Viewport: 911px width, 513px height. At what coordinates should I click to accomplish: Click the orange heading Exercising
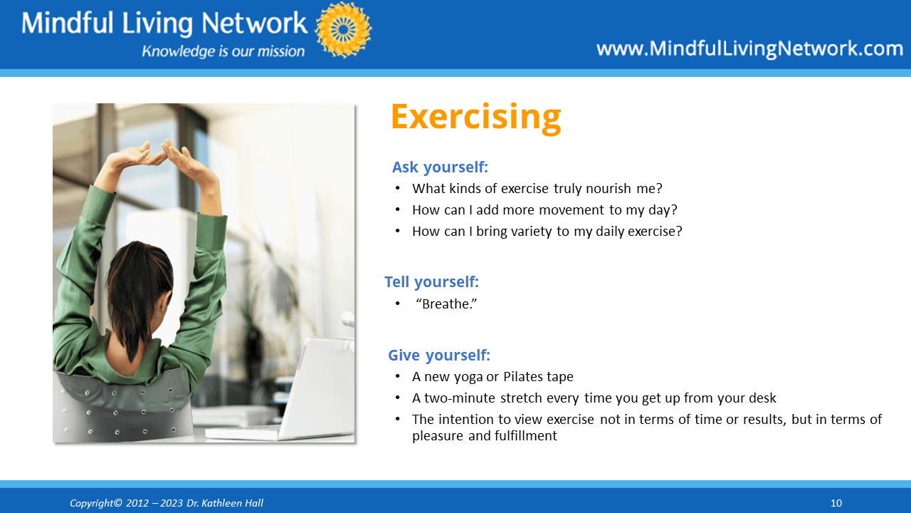[475, 117]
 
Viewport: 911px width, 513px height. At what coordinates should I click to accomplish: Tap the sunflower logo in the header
[343, 29]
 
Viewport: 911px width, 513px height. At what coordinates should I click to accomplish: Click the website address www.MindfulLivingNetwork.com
[749, 48]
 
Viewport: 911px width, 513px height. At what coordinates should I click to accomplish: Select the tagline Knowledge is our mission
[223, 51]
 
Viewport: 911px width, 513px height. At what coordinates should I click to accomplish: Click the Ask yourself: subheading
[440, 167]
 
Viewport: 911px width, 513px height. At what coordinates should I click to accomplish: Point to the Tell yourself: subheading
[431, 281]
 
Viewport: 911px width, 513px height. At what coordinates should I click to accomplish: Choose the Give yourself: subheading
[439, 355]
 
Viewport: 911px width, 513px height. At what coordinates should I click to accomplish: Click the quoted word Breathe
[446, 304]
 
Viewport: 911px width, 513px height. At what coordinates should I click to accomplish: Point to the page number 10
[836, 503]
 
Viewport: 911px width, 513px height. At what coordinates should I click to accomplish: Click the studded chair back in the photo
[122, 407]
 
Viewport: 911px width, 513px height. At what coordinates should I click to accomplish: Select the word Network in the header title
[254, 23]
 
